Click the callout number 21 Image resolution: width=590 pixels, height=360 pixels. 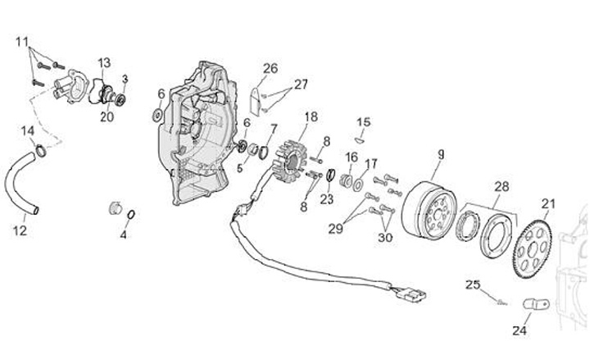pyautogui.click(x=548, y=203)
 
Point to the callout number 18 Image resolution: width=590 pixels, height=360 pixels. pyautogui.click(x=311, y=116)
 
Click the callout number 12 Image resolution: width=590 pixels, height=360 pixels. pyautogui.click(x=20, y=230)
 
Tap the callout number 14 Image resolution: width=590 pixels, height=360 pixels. pyautogui.click(x=27, y=130)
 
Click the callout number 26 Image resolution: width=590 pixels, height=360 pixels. pyautogui.click(x=270, y=67)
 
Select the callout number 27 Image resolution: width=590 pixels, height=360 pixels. pyautogui.click(x=301, y=84)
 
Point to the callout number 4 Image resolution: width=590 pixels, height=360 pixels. pyautogui.click(x=124, y=235)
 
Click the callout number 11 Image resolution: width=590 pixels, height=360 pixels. pyautogui.click(x=21, y=41)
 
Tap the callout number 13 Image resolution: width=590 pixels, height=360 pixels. pyautogui.click(x=105, y=63)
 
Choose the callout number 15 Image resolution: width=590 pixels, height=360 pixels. pyautogui.click(x=364, y=122)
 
